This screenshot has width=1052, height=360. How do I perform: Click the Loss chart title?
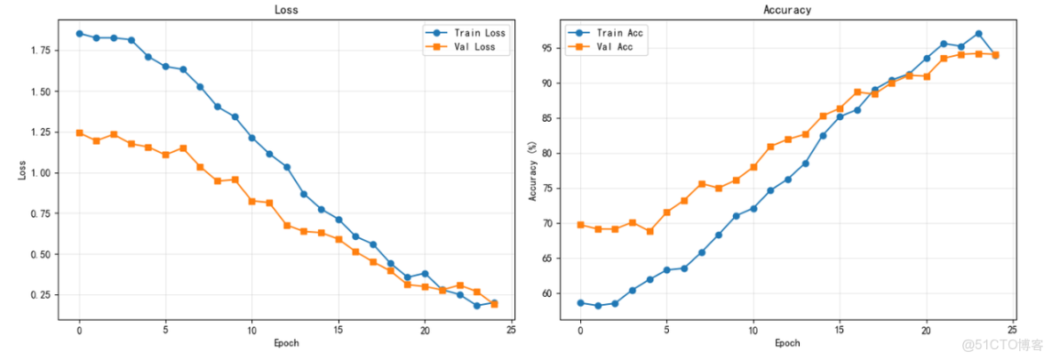[286, 10]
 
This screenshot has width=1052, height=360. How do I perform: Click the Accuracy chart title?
[787, 10]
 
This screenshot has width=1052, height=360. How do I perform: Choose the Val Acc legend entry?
[614, 47]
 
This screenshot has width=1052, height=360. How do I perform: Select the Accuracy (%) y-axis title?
[533, 169]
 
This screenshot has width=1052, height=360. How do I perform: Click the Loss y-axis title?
[22, 169]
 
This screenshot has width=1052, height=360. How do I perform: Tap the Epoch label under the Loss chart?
[286, 343]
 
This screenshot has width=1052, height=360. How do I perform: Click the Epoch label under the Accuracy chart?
[787, 343]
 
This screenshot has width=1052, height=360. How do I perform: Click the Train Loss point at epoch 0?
[79, 34]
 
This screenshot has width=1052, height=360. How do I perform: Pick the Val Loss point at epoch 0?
[79, 132]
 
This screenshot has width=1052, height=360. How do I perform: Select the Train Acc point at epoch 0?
[580, 302]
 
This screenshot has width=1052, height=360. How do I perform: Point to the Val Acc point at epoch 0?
[580, 225]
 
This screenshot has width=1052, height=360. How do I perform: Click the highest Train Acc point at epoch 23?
[978, 34]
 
